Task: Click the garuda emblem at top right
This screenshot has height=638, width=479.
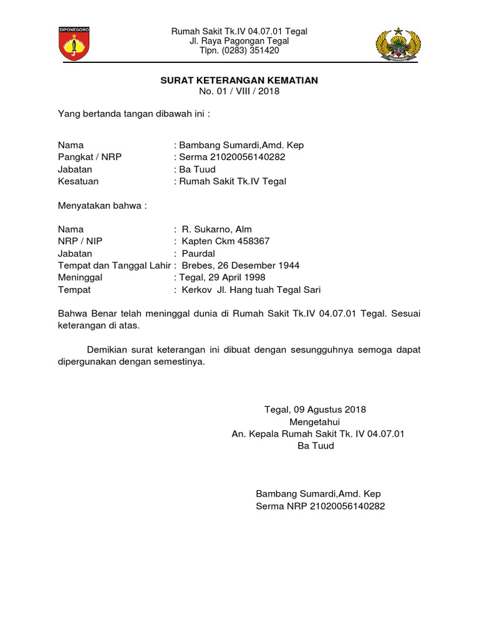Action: click(x=399, y=44)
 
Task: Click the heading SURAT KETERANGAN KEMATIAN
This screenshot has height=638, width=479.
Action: click(x=239, y=80)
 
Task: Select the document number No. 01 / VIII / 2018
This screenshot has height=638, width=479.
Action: click(x=239, y=92)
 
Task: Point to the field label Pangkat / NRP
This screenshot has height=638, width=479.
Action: click(x=90, y=157)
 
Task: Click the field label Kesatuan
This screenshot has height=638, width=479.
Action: click(x=78, y=182)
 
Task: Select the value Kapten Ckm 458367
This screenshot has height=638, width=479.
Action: click(x=226, y=241)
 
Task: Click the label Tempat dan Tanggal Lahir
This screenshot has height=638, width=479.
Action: click(x=113, y=265)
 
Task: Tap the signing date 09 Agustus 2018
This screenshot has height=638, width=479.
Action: click(x=329, y=409)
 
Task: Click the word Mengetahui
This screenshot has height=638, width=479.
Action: click(x=317, y=422)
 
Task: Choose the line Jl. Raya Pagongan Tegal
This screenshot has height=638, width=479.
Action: click(x=239, y=41)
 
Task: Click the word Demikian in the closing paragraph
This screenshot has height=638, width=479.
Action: click(x=107, y=350)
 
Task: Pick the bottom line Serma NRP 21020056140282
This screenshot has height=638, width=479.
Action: click(x=321, y=506)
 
